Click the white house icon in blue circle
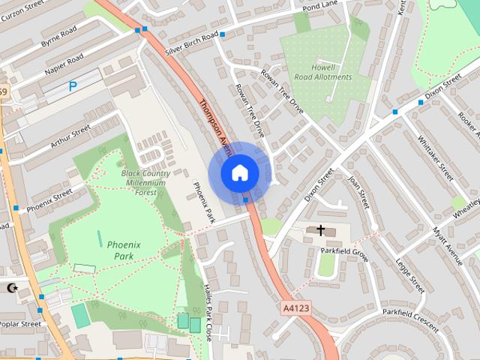239,173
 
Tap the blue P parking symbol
73,86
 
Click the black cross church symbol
321,230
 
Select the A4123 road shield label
295,307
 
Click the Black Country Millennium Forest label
144,182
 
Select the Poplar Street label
20,325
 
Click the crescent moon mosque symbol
11,288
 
